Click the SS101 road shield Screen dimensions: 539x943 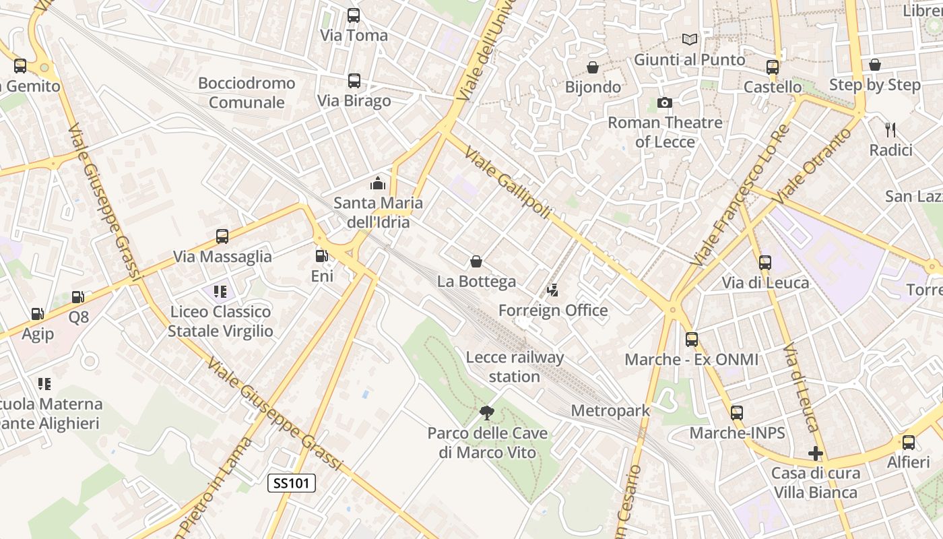[x=292, y=483]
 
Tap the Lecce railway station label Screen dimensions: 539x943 [x=515, y=367]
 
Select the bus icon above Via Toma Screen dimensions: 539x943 [x=354, y=15]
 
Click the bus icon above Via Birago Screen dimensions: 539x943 [x=354, y=81]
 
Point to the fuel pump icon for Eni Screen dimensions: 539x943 [x=322, y=256]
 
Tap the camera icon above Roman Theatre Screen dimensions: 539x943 [x=665, y=102]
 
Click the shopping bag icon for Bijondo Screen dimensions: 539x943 [x=593, y=67]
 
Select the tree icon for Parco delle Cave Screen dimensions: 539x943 [x=487, y=412]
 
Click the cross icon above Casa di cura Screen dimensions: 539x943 [x=816, y=453]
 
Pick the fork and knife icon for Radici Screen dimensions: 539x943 [x=890, y=129]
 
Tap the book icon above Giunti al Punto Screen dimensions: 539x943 [x=689, y=40]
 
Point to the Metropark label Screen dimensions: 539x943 [x=610, y=410]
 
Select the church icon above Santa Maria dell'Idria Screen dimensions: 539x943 [x=378, y=183]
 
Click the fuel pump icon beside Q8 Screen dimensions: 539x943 [x=78, y=297]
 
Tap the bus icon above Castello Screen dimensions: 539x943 [x=773, y=67]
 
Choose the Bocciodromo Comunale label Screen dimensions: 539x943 [x=247, y=93]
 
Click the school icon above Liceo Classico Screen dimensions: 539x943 [x=220, y=292]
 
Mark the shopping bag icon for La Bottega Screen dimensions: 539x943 [x=476, y=261]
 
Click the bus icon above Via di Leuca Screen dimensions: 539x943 [x=765, y=263]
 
